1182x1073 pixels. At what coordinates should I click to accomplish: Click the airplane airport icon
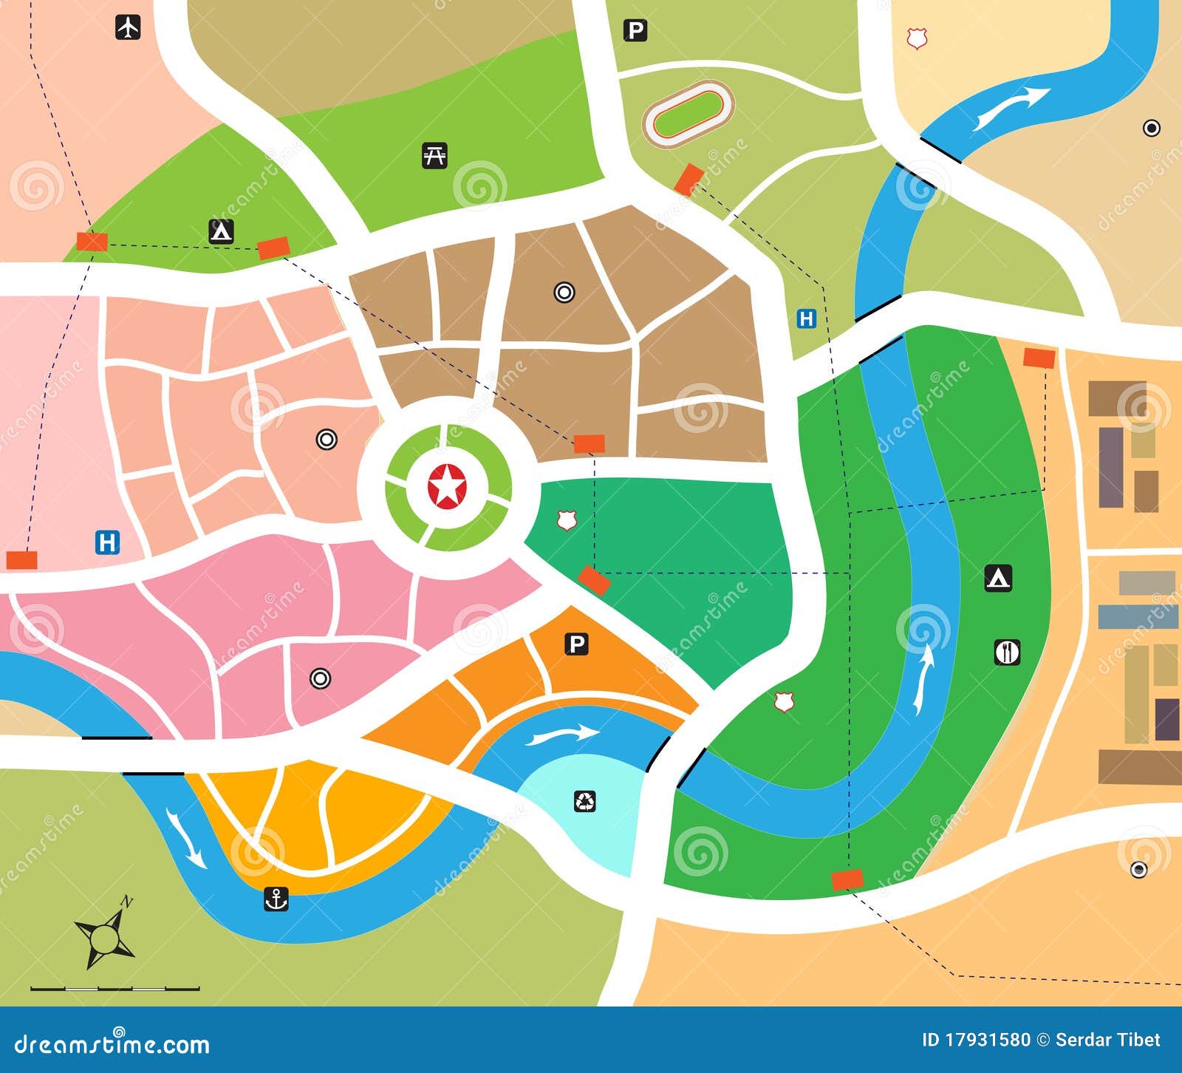click(129, 27)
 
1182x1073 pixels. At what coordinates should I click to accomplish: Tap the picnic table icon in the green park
click(435, 156)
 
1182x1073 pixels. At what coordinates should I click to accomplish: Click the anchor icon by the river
click(276, 899)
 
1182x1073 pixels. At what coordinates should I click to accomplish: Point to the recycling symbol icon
click(585, 801)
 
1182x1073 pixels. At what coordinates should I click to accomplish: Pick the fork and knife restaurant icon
click(1007, 652)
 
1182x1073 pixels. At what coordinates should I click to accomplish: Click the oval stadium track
click(688, 113)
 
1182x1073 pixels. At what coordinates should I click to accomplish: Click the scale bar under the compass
click(115, 988)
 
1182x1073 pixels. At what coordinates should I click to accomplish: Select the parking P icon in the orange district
click(576, 644)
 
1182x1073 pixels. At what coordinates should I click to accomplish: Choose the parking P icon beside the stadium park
click(635, 30)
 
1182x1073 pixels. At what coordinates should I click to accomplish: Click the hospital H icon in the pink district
click(108, 542)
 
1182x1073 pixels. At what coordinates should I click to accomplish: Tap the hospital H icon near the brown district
click(806, 319)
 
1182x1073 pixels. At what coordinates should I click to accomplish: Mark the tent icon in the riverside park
click(998, 578)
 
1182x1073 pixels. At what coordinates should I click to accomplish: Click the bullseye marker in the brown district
click(564, 293)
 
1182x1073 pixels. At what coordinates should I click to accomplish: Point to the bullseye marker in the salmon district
click(327, 440)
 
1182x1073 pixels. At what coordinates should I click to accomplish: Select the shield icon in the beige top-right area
click(917, 38)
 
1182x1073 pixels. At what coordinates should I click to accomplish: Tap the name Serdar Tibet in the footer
click(1108, 1040)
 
